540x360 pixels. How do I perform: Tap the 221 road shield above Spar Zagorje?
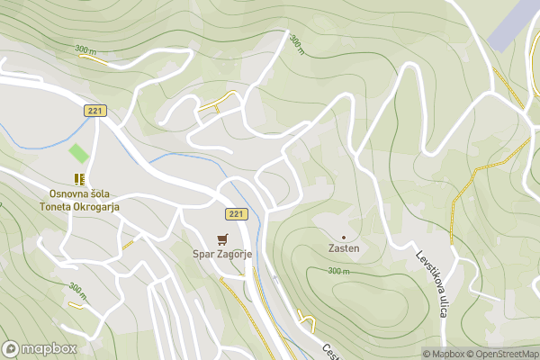tap(235, 213)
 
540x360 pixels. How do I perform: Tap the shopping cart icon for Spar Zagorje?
tap(222, 238)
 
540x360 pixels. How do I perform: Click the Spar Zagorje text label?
tap(222, 255)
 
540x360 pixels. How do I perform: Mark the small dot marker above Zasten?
tap(343, 237)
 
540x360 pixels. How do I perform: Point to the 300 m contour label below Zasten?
tap(338, 271)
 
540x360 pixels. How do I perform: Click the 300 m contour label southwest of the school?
tap(78, 293)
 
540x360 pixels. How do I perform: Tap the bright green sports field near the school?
tap(80, 153)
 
